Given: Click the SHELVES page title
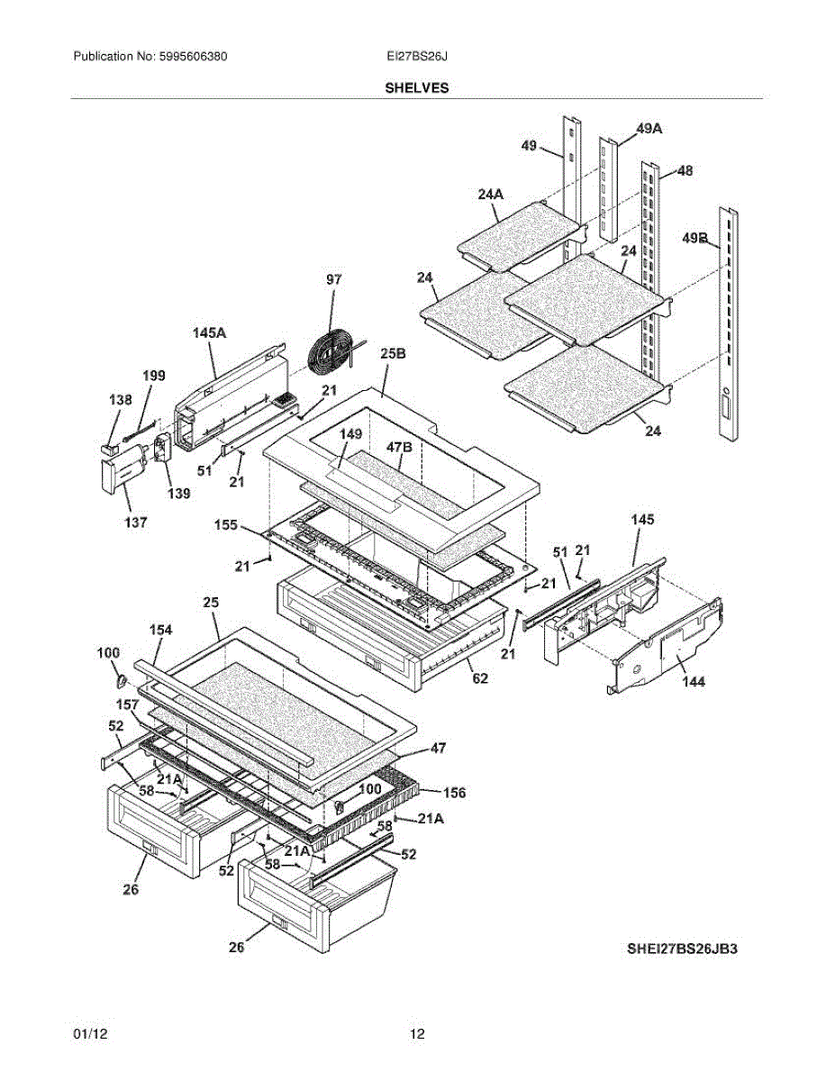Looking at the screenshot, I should [x=417, y=88].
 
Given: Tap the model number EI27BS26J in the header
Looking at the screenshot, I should [x=417, y=57].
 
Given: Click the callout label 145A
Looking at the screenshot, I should [x=209, y=333].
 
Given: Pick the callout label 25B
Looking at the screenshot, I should [x=393, y=355].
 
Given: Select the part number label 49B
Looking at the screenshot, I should [x=694, y=239].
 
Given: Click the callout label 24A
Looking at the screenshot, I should [x=491, y=194].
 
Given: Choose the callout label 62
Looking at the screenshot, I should [x=480, y=677].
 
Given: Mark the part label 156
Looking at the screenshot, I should [x=454, y=793].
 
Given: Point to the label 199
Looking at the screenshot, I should [x=154, y=376].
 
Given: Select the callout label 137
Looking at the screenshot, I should [x=136, y=522].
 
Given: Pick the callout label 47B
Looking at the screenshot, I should [x=399, y=446].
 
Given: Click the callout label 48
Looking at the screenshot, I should [x=684, y=170].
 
